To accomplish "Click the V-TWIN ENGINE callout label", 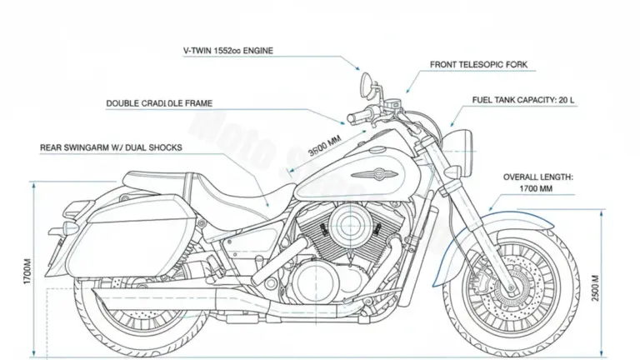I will point(227,51).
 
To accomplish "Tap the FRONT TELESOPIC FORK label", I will point(478,64).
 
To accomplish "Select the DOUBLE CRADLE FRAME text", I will point(159,103).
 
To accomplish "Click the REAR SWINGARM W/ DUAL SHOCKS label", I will point(111,147).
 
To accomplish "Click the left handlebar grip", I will point(357,113).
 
